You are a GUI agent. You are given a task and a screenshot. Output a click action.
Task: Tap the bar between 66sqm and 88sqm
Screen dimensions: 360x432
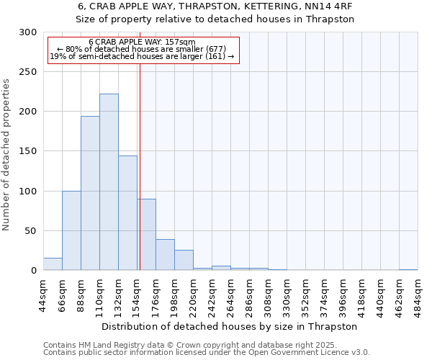point(71,230)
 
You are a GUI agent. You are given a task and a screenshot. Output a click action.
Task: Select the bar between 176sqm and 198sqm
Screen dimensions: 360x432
point(165,255)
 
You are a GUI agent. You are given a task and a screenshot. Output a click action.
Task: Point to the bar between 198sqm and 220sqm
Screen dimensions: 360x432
point(184,260)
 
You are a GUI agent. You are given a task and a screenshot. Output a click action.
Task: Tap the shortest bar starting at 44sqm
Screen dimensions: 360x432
point(53,264)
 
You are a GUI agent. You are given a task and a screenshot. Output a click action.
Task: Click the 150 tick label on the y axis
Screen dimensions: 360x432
point(27,152)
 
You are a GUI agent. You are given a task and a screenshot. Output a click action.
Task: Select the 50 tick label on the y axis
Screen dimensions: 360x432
point(30,231)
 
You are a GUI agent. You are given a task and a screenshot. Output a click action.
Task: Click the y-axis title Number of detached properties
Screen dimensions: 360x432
point(6,155)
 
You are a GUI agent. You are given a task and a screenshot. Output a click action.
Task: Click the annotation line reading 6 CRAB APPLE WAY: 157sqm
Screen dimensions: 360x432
point(143,42)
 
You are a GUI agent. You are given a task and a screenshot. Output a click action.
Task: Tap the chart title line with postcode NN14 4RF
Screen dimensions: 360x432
point(216,6)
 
